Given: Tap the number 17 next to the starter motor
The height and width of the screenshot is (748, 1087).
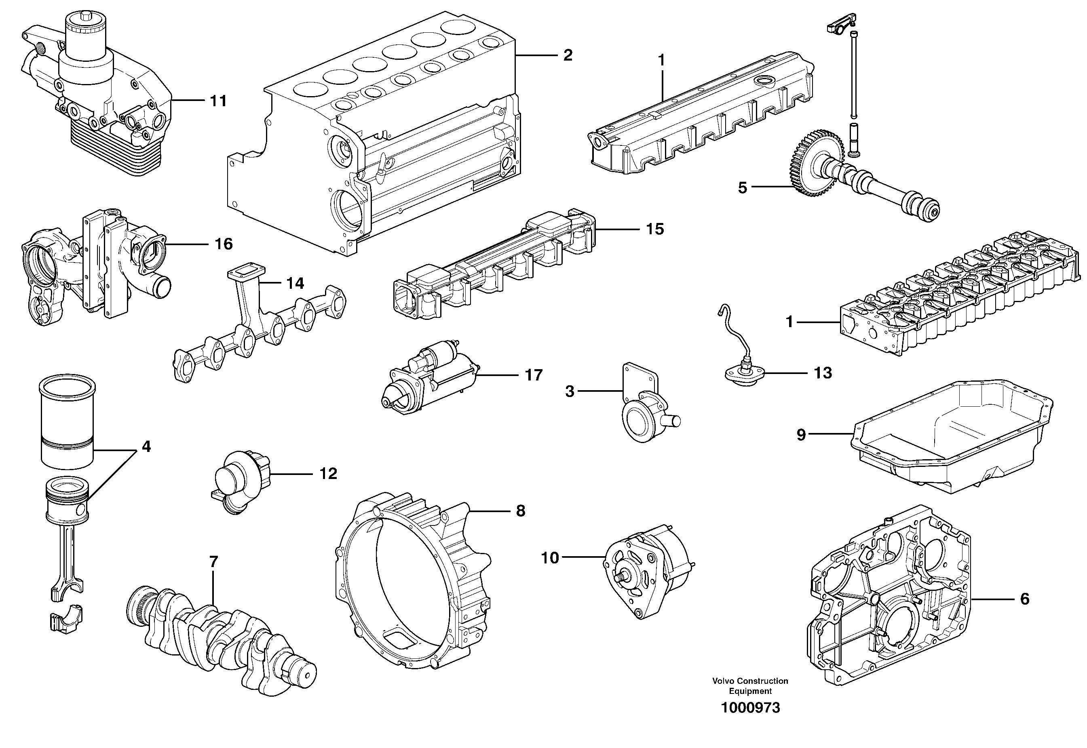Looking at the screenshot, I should pos(534,375).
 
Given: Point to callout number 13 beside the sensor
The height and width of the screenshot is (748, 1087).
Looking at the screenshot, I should pos(823,373).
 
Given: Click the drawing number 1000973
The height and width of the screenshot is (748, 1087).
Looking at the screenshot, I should pos(750,708).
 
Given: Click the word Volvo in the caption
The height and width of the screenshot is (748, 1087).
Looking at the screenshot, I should pos(723,681).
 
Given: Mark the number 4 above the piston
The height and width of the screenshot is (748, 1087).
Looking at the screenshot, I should pos(146,447).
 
